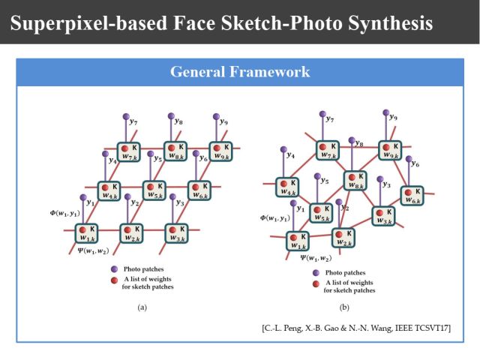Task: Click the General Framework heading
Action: (x=240, y=72)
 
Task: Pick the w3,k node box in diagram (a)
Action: (x=177, y=233)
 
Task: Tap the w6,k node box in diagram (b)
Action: (x=411, y=195)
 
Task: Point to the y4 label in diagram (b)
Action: (x=290, y=155)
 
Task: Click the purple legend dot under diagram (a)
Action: (x=113, y=268)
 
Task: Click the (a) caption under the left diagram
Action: (x=142, y=307)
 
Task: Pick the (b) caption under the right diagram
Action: (x=344, y=307)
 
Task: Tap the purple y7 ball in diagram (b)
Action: (x=323, y=115)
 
